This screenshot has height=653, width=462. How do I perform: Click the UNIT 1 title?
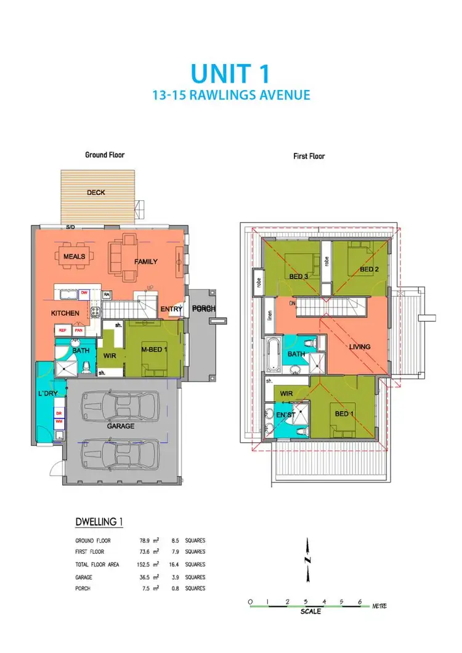coord(230,73)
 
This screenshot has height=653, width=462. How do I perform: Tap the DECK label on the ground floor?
coord(95,192)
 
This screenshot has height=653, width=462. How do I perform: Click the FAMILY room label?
coord(146,262)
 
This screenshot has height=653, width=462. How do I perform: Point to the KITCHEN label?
coord(65,313)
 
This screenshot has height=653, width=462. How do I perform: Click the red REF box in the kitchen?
coord(62,330)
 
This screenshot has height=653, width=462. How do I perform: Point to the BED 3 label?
coord(299,276)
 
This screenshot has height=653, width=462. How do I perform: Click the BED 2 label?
coord(368,270)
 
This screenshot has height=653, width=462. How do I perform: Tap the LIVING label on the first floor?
coord(360,347)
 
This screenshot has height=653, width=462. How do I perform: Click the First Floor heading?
coord(309,156)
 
